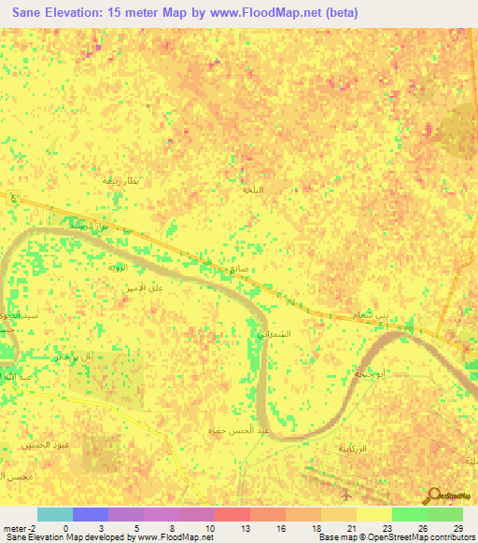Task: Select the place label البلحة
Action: click(254, 189)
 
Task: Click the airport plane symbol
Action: click(347, 494)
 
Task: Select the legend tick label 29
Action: click(457, 527)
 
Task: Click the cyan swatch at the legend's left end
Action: click(54, 514)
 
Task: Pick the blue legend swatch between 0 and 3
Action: click(90, 514)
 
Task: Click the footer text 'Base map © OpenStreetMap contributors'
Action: click(395, 537)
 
